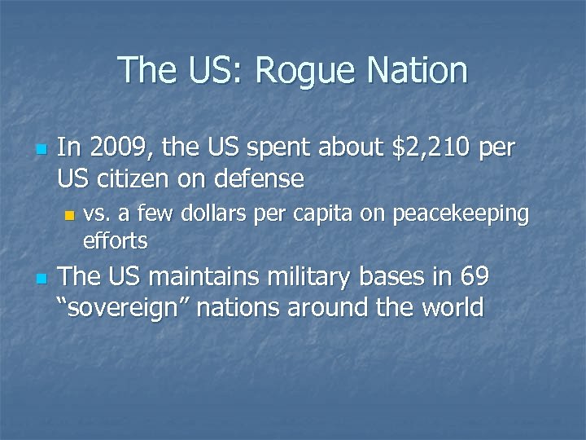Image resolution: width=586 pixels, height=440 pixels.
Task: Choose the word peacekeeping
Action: point(461,214)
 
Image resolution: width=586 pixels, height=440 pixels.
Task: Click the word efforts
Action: point(115,240)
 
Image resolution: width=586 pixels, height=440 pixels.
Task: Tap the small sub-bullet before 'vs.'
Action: point(70,216)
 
